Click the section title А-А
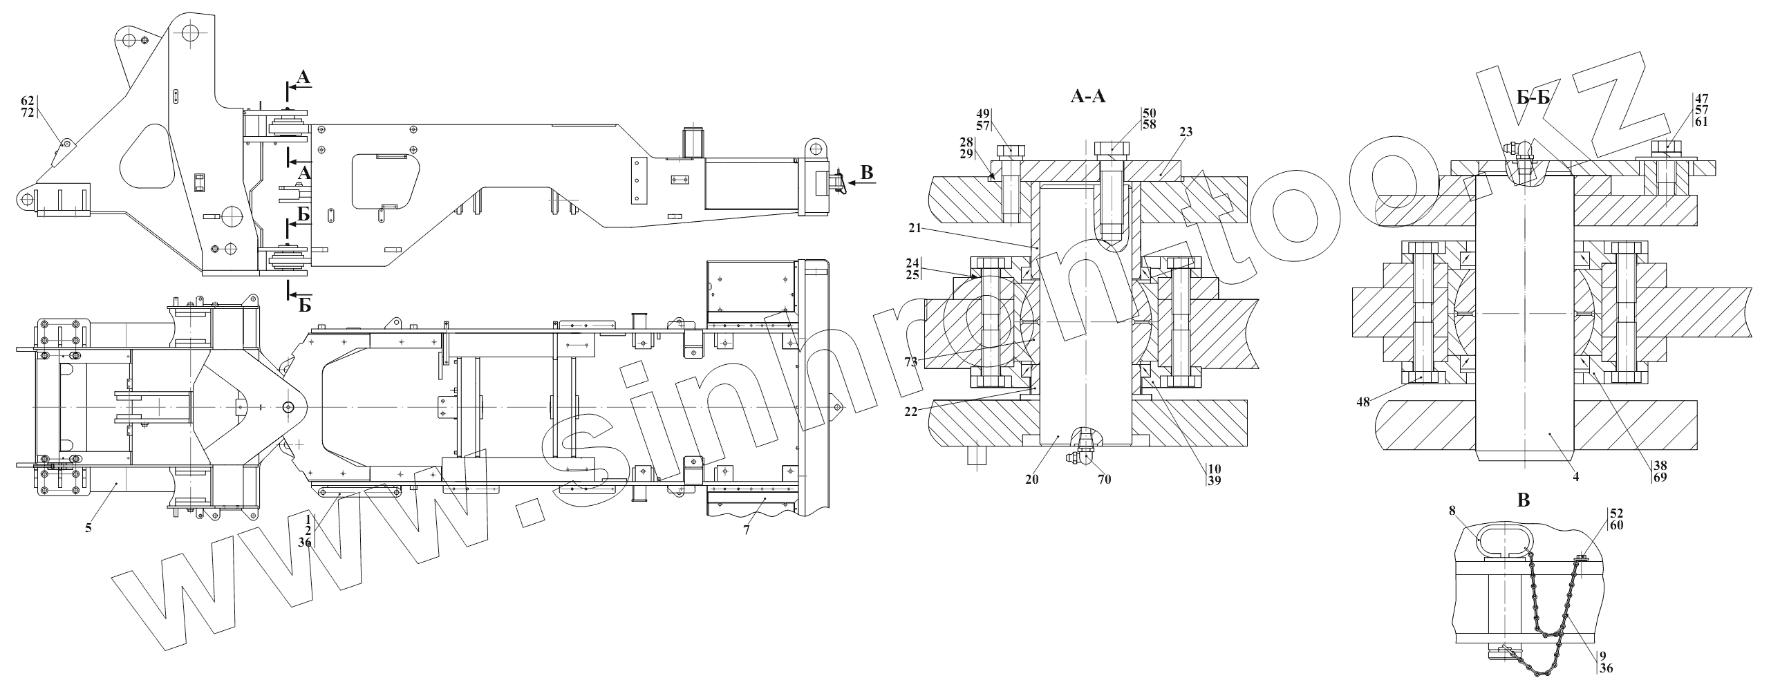(1087, 97)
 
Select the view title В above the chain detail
(1523, 501)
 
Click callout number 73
(912, 362)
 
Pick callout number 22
(912, 411)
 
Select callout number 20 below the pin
(1032, 478)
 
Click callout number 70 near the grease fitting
(1103, 479)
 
